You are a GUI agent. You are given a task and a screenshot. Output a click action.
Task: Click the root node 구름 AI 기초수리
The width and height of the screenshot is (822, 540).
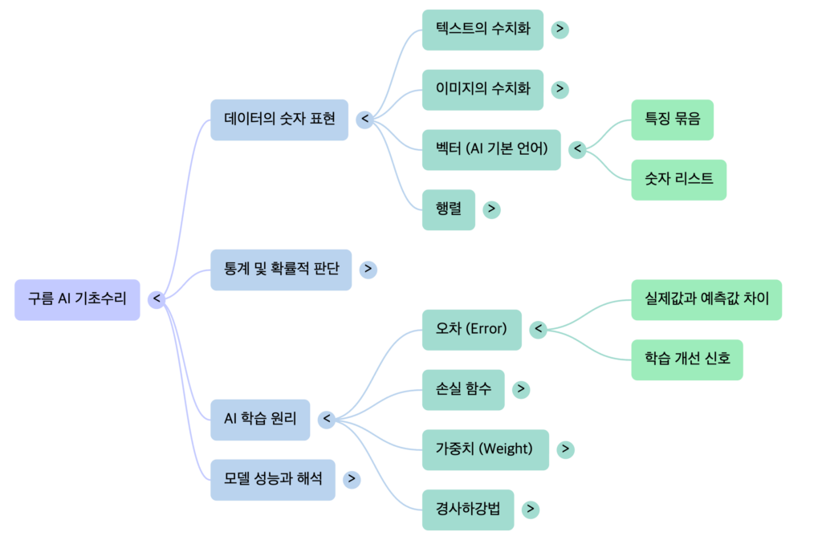point(77,299)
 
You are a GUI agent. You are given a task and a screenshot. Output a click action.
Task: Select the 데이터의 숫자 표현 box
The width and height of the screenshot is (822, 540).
point(279,120)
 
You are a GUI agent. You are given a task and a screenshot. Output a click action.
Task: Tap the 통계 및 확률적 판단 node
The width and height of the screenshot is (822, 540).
point(280,270)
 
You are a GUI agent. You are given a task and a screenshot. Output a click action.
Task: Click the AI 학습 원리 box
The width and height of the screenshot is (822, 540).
point(260,419)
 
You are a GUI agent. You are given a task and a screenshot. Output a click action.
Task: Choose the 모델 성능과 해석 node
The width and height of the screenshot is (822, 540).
point(272,480)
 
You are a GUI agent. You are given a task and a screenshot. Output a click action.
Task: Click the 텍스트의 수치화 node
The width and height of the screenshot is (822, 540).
point(482,30)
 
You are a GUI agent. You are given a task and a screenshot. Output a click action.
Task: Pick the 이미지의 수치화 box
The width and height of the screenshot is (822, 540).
point(482,89)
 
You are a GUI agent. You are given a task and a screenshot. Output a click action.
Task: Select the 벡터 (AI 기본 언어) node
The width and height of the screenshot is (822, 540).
point(491,149)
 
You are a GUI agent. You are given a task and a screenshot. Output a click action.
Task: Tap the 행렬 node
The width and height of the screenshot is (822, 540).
point(448,209)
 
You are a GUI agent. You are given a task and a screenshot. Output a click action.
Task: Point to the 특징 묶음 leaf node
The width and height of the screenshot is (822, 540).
point(672,120)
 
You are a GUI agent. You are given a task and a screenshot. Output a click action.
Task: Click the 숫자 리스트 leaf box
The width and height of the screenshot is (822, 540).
point(678,180)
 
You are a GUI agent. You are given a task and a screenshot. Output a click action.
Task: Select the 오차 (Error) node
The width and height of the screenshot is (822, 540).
point(471,329)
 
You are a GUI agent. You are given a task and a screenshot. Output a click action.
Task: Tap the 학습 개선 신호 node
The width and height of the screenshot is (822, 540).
point(687,359)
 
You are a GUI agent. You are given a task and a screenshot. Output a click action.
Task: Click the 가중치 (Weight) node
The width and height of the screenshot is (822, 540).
point(485,449)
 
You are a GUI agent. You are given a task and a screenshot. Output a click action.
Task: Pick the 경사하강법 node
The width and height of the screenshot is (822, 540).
point(467,510)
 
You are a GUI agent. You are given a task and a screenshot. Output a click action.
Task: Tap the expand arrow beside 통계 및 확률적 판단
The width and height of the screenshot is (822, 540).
point(368,270)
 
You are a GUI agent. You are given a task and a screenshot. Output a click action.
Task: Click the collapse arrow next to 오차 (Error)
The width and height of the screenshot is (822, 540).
point(539,329)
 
